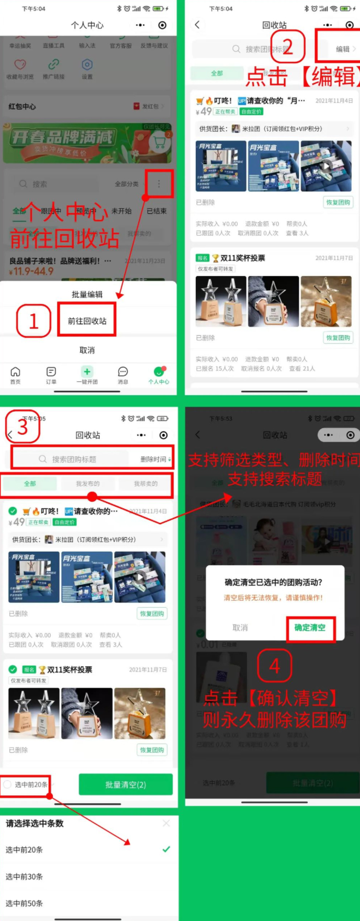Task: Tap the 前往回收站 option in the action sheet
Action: (x=87, y=321)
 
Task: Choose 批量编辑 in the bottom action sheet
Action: (x=87, y=294)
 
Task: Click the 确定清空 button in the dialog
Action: (x=310, y=628)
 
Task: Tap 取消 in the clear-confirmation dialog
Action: (x=240, y=628)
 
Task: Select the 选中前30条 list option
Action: (x=24, y=877)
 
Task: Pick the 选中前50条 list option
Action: (x=24, y=903)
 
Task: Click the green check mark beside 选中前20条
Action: (x=166, y=849)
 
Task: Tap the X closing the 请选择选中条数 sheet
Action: (x=166, y=823)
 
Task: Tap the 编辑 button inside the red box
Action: (x=343, y=49)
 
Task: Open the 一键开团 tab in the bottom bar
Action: (x=87, y=374)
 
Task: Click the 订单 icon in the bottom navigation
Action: (x=51, y=374)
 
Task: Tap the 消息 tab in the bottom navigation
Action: (x=123, y=374)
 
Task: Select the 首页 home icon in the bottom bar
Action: (x=16, y=374)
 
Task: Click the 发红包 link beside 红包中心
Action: (x=147, y=106)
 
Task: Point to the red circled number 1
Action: (x=33, y=321)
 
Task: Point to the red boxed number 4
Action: (x=275, y=666)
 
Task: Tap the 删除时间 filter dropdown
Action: (x=155, y=459)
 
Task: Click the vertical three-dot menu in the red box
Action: (x=159, y=184)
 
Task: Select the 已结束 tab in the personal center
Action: (x=156, y=211)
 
